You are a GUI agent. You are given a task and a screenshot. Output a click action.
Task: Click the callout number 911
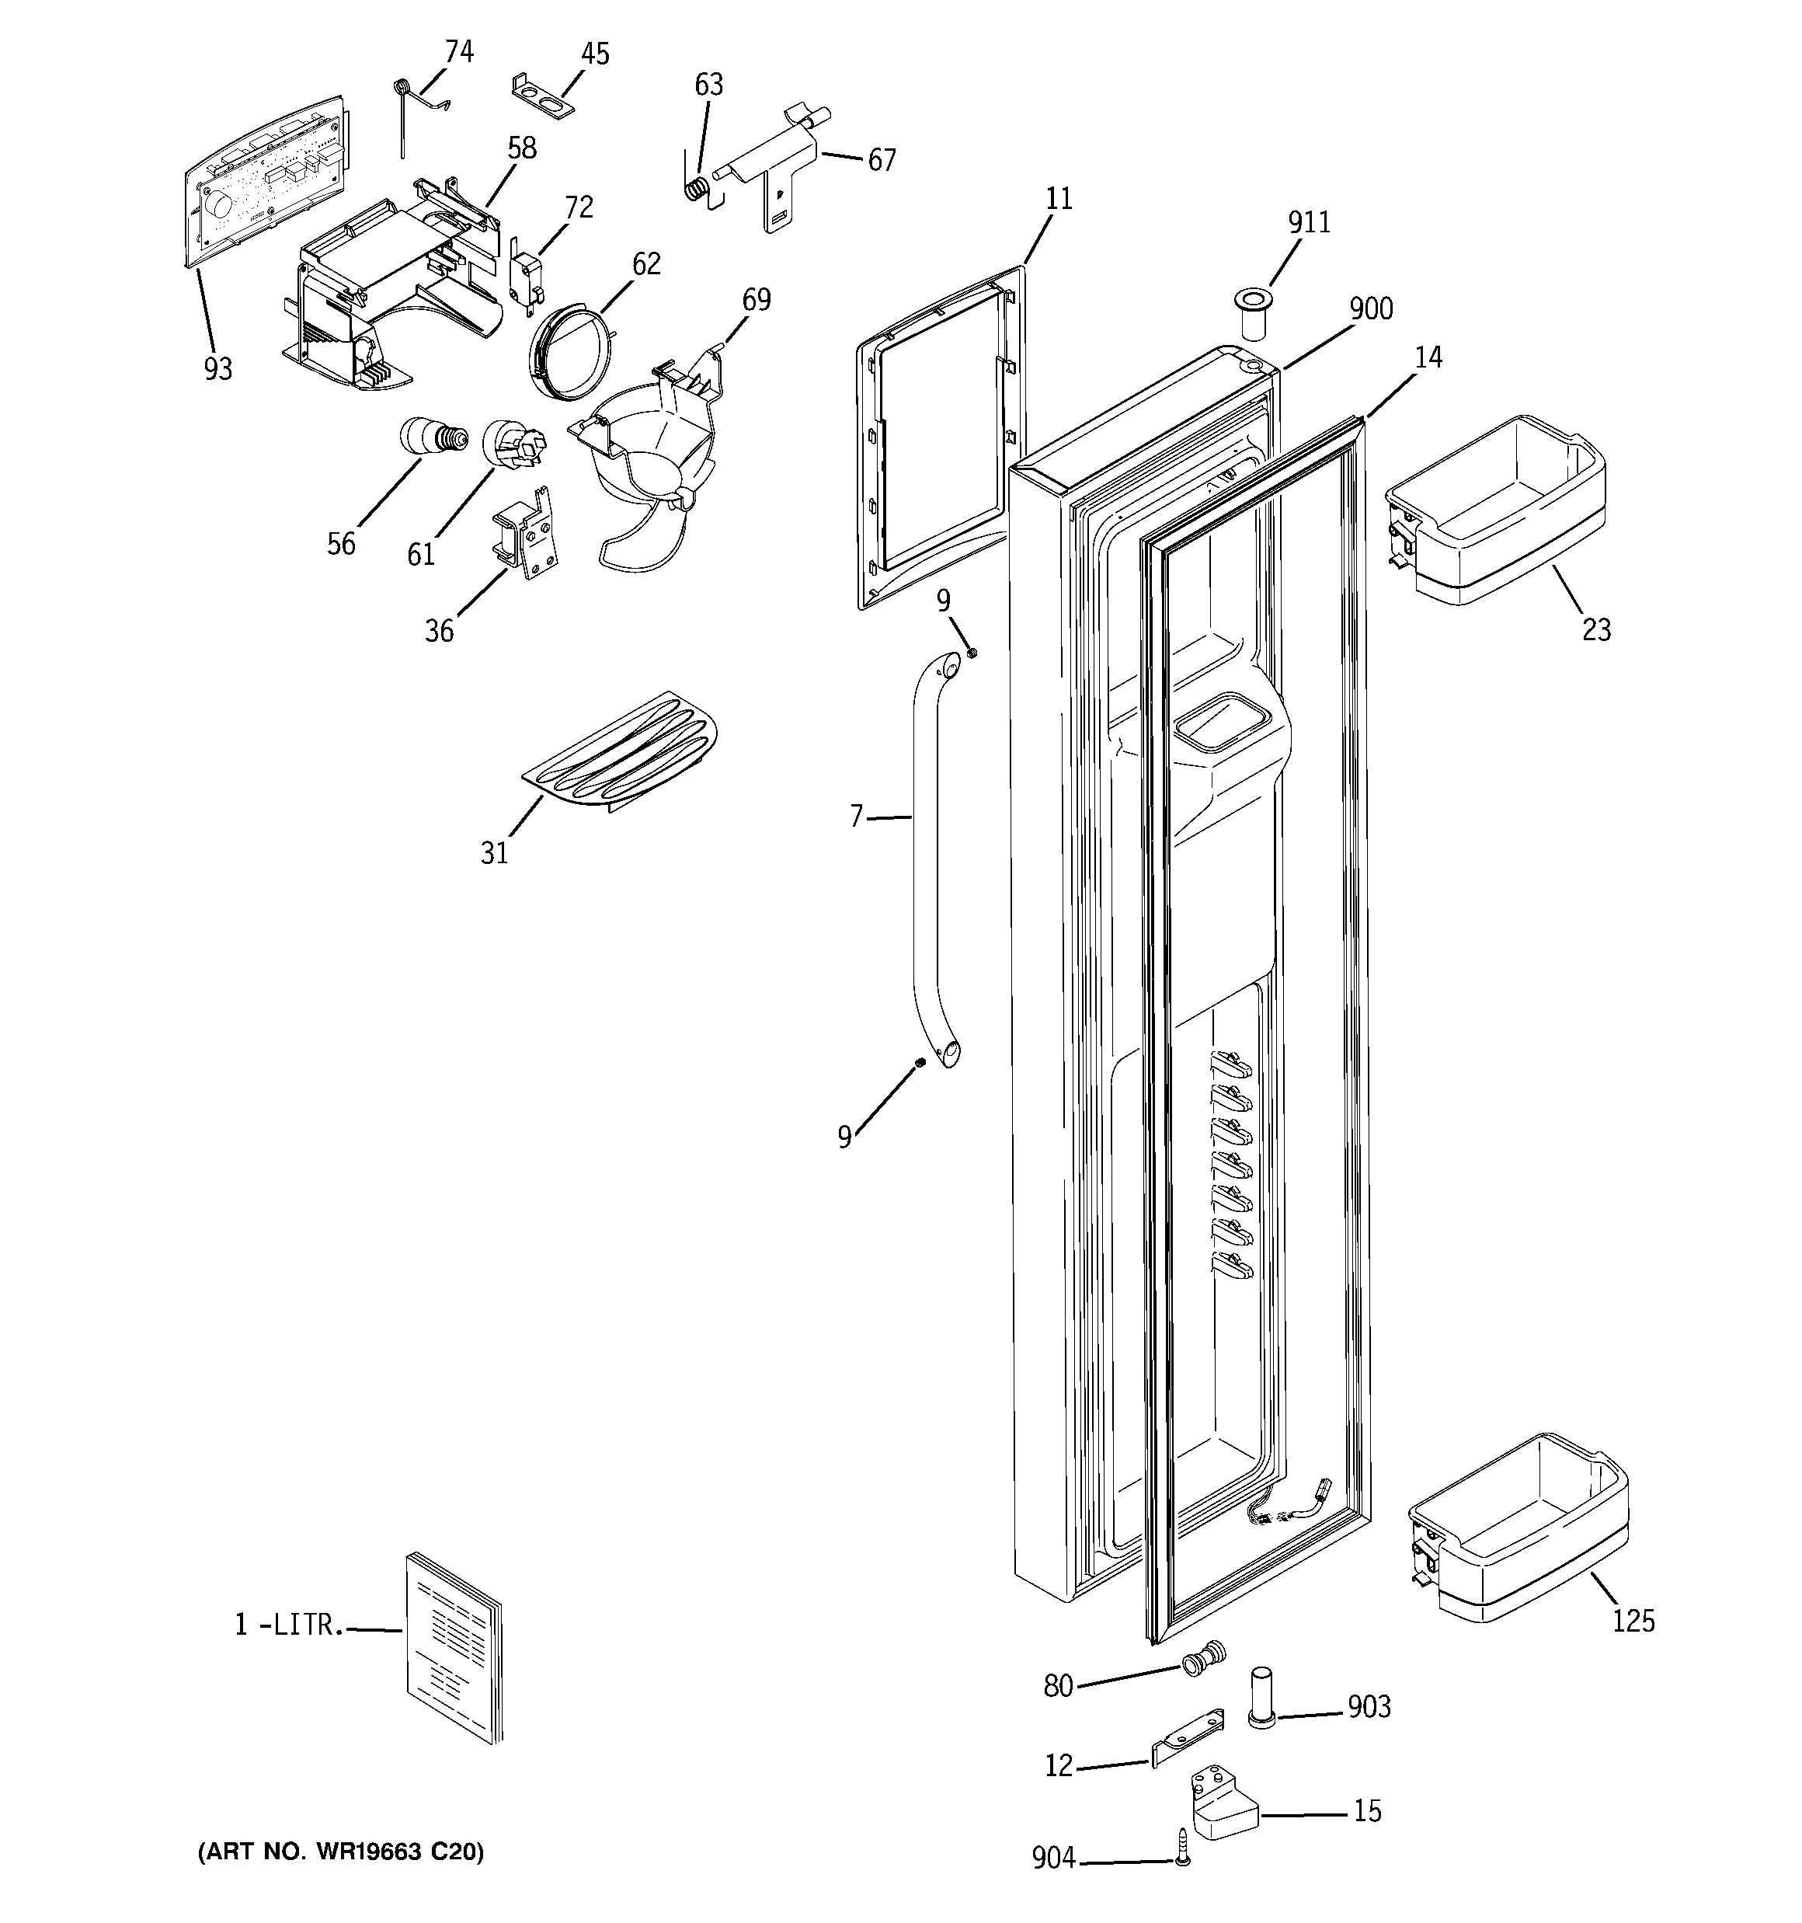coord(1309,222)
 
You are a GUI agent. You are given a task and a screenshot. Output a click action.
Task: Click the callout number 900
coord(1371,309)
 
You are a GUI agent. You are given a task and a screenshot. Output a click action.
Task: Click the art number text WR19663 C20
coord(340,1852)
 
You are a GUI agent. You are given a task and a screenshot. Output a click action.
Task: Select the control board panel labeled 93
coord(263,179)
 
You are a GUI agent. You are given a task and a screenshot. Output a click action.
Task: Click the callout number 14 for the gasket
coord(1428,358)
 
